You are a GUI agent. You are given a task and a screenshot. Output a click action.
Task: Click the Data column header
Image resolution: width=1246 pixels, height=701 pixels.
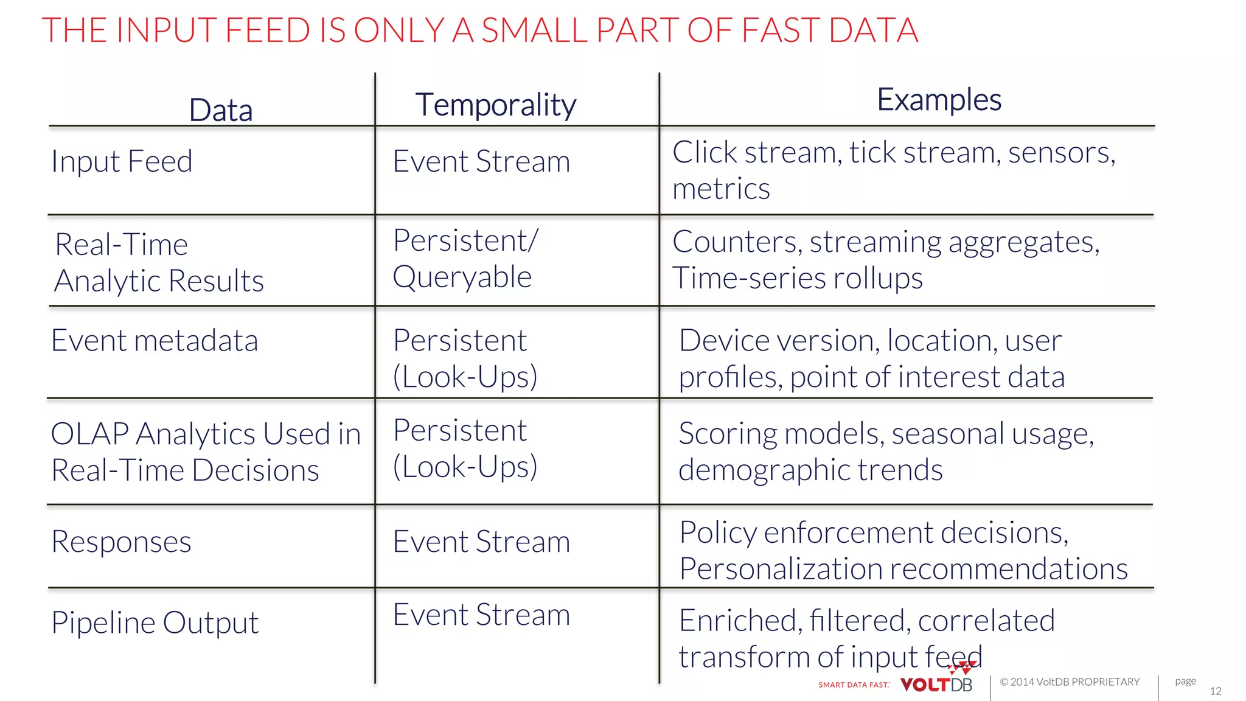220,110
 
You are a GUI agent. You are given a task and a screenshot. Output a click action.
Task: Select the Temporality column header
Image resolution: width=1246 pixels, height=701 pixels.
495,105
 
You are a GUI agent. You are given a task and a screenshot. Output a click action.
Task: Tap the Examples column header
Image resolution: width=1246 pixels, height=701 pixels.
938,100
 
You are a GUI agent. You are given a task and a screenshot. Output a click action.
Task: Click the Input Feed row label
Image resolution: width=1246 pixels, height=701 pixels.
122,162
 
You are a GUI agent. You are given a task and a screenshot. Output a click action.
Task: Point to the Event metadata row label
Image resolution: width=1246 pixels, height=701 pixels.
155,340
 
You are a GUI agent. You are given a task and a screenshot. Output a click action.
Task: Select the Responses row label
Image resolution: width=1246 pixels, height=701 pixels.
121,542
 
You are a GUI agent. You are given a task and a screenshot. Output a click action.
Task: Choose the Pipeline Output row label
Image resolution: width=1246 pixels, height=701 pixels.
155,623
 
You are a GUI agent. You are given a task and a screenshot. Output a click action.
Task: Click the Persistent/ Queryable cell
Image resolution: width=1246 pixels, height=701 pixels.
465,259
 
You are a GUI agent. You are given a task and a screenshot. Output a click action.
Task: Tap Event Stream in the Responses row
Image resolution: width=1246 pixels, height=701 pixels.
481,542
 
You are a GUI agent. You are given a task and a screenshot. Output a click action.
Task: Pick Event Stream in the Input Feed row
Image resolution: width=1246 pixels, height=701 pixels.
481,162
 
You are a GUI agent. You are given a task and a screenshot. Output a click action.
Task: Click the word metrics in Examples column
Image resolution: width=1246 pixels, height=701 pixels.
721,189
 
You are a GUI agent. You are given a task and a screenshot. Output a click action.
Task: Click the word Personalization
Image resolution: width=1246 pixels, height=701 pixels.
781,569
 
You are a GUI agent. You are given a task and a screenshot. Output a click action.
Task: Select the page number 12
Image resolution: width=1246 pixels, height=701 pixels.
1215,691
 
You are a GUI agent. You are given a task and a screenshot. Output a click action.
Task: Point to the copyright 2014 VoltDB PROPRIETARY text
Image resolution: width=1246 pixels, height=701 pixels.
1070,682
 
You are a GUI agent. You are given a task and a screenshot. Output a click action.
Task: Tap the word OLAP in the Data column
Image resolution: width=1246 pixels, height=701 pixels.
89,434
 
